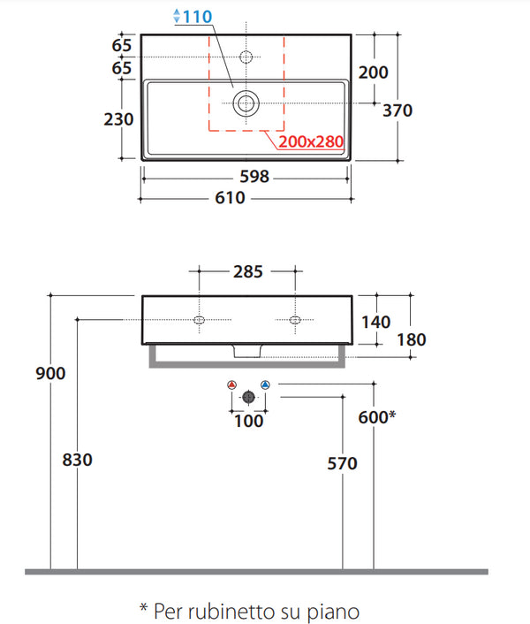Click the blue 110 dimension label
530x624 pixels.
197,17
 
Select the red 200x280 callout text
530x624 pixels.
311,141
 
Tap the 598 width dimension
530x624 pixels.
254,176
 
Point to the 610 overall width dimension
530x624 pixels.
231,198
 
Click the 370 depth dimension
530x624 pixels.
397,110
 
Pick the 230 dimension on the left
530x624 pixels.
118,119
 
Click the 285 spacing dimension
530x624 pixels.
248,272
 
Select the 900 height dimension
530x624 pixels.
50,373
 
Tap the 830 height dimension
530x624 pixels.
77,460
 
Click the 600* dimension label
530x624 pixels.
377,417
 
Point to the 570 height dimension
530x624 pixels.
343,464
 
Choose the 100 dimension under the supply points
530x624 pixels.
249,421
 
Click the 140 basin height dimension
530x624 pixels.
375,322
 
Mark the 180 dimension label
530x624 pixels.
412,340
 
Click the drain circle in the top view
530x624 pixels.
246,103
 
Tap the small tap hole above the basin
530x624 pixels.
246,57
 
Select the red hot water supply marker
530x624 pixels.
231,384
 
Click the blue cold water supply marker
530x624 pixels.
265,384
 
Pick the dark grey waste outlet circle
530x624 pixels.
248,397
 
